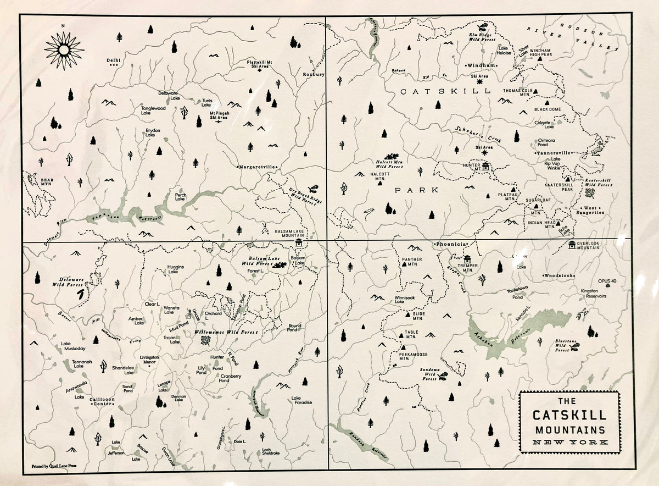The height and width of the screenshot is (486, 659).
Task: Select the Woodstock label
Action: pyautogui.click(x=559, y=275)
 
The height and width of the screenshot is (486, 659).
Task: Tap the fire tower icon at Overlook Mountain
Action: pyautogui.click(x=573, y=244)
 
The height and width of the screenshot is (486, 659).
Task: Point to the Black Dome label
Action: pyautogui.click(x=547, y=109)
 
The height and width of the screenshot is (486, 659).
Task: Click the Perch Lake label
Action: pyautogui.click(x=181, y=197)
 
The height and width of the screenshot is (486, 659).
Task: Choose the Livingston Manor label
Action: pyautogui.click(x=149, y=360)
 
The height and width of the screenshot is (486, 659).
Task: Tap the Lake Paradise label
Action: pyautogui.click(x=301, y=400)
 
